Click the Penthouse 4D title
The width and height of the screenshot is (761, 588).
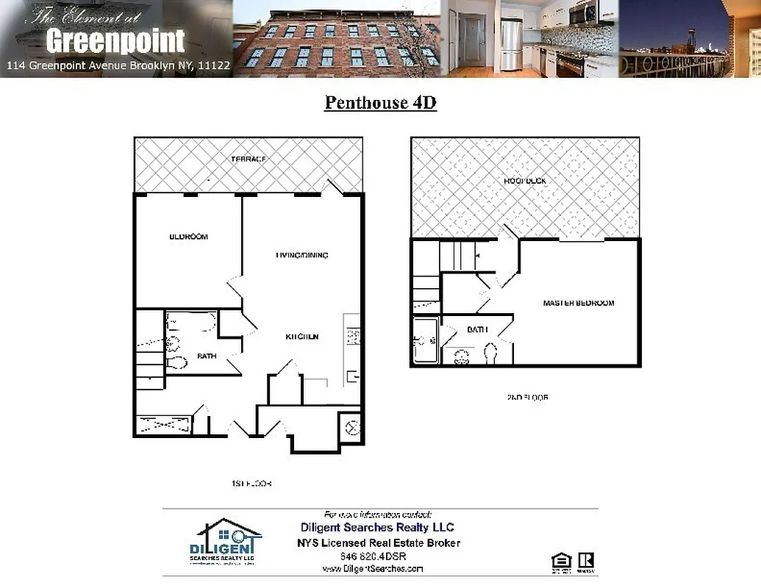click(380, 102)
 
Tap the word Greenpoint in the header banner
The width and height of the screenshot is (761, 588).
click(115, 41)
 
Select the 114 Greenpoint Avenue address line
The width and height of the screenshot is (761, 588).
click(118, 65)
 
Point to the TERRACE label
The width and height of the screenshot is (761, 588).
click(249, 159)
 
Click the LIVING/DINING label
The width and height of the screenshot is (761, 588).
click(301, 255)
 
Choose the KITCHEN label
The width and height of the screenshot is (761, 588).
click(302, 337)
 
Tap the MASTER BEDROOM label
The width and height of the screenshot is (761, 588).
click(578, 303)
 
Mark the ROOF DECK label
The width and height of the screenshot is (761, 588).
click(525, 181)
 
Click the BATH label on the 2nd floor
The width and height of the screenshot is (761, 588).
click(477, 330)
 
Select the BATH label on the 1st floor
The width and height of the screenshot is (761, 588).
click(207, 356)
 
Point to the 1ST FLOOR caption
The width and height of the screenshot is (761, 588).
click(251, 484)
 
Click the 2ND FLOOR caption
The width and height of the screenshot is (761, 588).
click(527, 398)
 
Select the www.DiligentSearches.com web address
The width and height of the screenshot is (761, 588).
click(373, 568)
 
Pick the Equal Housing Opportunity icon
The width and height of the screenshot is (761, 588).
click(560, 562)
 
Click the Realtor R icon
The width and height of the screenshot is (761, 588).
click(586, 562)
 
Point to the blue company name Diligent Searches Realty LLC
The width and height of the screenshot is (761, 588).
click(377, 527)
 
